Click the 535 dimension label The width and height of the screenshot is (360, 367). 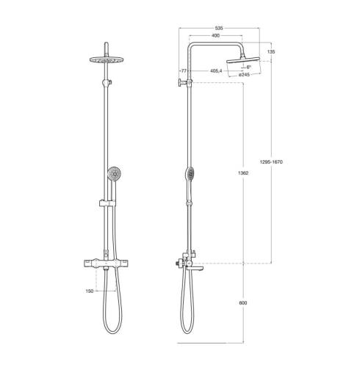[219, 29]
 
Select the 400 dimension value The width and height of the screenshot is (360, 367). [215, 36]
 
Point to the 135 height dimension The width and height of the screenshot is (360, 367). [271, 52]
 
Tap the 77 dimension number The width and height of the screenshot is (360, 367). [184, 71]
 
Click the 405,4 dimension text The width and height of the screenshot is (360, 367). [216, 71]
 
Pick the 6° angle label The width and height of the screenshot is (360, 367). [249, 67]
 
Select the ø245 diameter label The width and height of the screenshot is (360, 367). [245, 75]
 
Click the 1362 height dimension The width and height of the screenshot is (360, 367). [243, 173]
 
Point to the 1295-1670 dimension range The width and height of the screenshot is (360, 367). [271, 162]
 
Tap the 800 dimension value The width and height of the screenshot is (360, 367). [243, 303]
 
